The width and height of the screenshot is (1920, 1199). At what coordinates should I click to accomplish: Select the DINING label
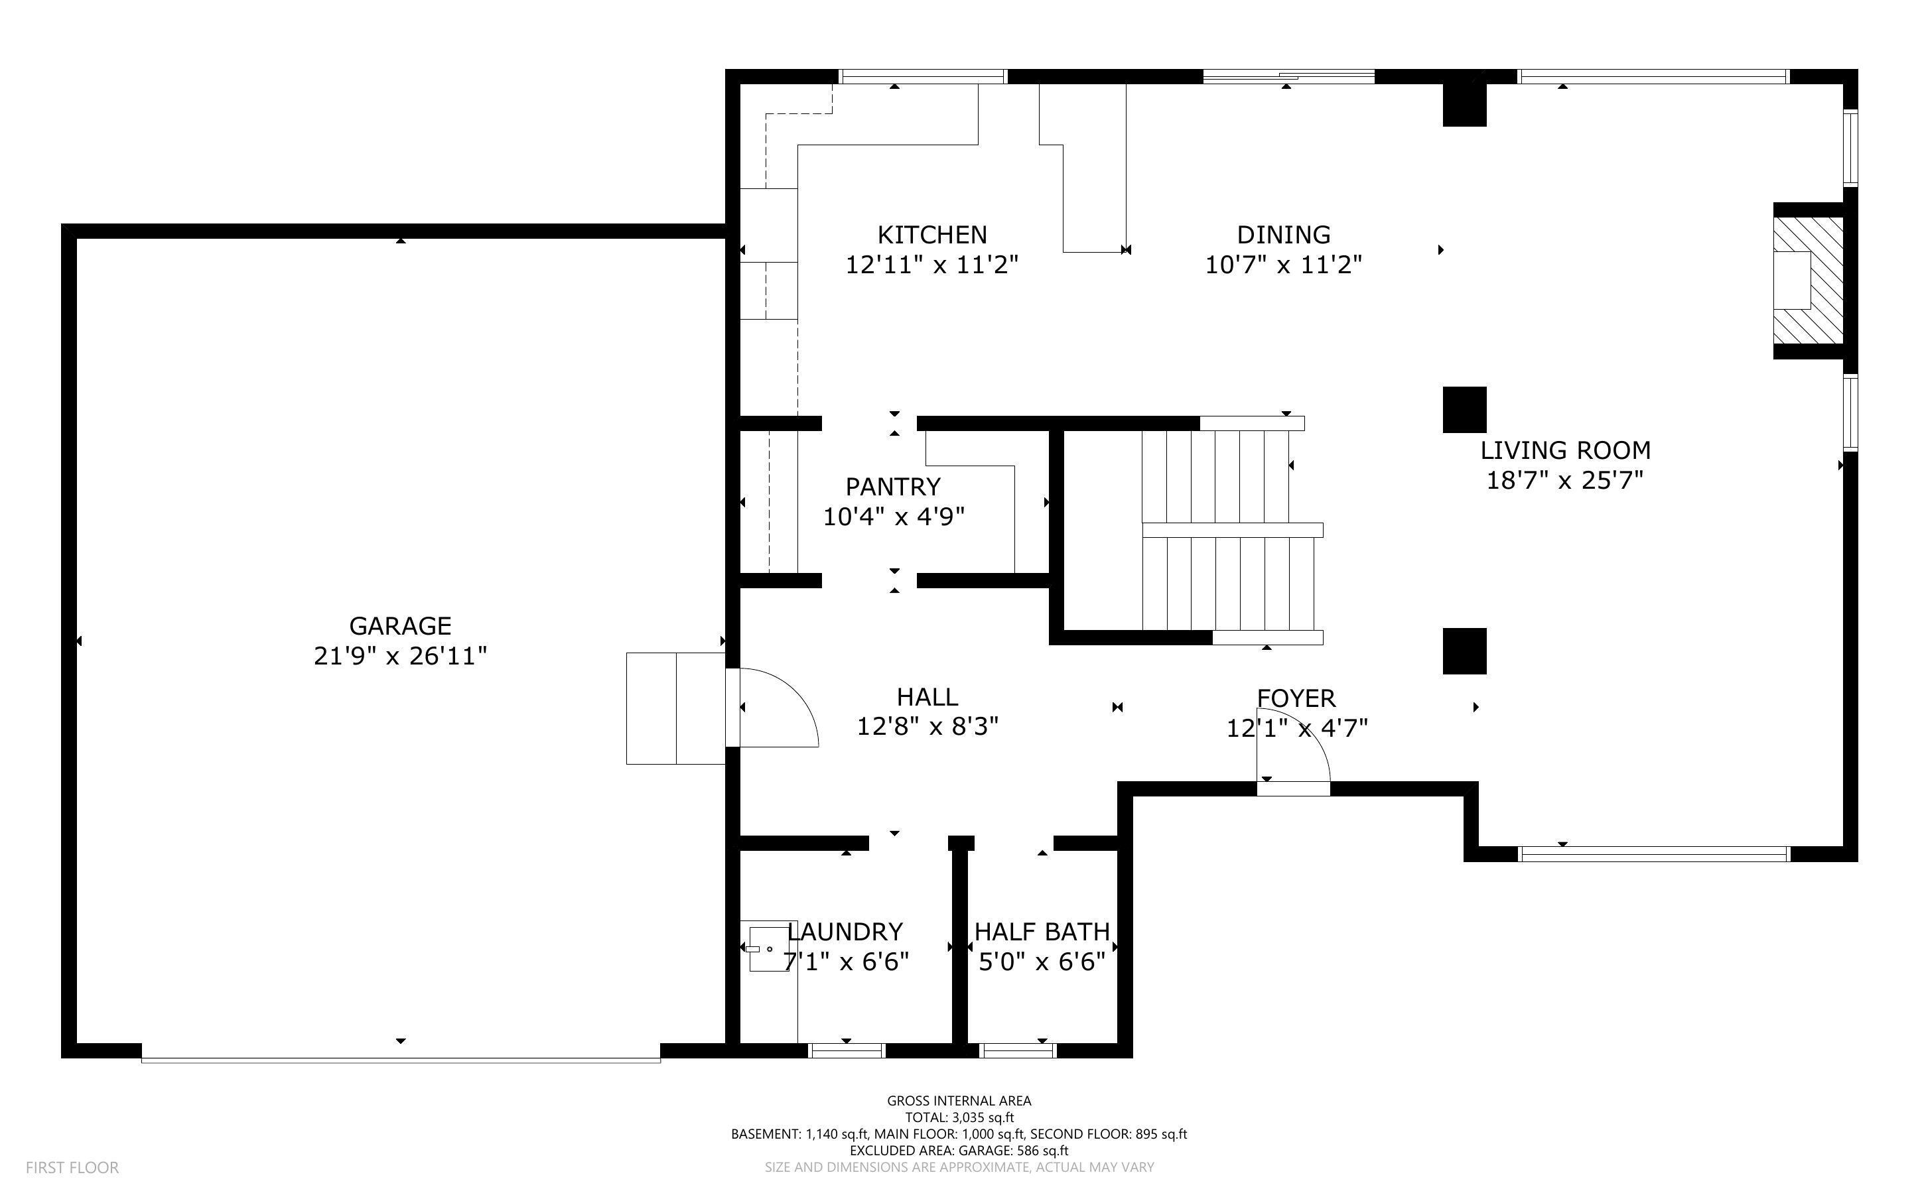1283,235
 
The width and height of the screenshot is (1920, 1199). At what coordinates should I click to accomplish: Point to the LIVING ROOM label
1564,450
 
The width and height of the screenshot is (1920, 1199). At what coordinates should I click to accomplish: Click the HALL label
926,697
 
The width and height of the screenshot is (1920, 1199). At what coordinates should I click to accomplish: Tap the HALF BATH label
1042,932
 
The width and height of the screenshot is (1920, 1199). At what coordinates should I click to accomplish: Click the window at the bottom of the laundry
846,1050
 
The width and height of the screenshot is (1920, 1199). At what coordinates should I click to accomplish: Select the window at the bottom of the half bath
1018,1050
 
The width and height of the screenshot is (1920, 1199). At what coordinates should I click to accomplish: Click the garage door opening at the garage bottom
401,1057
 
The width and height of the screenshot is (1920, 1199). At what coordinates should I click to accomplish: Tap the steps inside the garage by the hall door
675,708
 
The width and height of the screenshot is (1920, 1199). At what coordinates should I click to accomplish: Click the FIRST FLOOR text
72,1167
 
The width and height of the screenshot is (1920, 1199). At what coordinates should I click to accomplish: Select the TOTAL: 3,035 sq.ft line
959,1117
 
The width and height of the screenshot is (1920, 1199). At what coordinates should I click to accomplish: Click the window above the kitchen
922,77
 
